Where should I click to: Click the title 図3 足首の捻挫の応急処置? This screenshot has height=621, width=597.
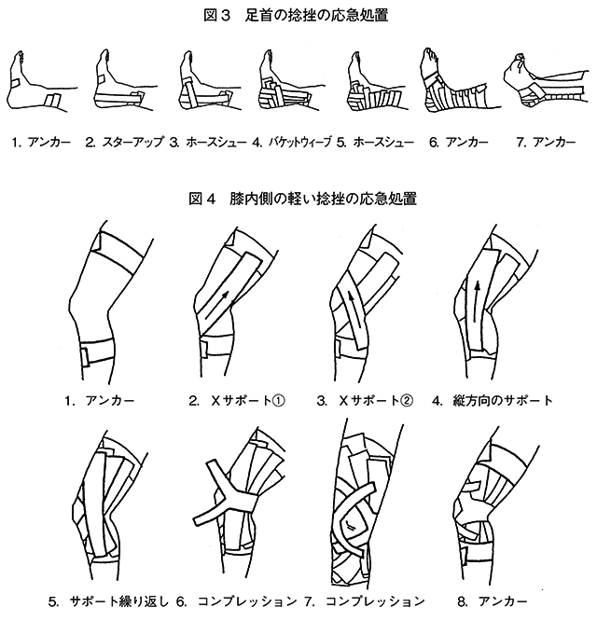296,16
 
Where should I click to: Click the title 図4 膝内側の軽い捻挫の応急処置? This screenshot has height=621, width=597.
302,199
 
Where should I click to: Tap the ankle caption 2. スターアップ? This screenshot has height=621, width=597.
124,142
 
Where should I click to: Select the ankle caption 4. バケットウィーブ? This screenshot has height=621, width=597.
292,142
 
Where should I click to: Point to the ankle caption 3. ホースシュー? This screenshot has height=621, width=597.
208,142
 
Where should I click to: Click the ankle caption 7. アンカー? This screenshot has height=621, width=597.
546,142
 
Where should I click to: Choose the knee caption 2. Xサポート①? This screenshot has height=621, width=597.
237,401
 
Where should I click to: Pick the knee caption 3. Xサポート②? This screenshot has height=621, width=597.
365,401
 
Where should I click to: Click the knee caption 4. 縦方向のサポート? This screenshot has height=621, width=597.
492,401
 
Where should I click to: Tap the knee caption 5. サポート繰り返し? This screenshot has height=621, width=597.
108,601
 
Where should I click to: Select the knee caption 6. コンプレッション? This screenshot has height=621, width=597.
237,601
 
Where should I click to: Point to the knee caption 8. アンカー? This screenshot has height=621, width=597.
493,601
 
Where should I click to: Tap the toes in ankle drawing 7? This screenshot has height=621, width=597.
520,61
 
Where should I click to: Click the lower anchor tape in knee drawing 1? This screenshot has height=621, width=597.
97,352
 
